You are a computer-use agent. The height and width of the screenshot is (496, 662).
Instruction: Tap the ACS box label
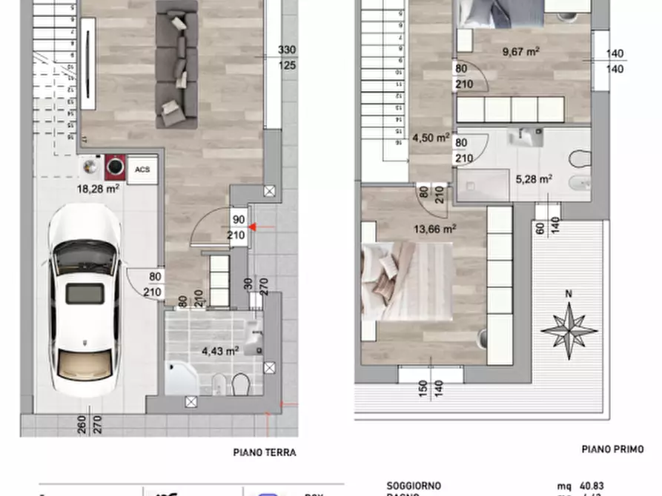pyautogui.click(x=142, y=170)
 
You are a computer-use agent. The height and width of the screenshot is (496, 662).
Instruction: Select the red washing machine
pyautogui.click(x=116, y=167)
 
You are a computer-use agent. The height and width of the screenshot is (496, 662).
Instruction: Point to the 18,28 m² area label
pyautogui.click(x=99, y=189)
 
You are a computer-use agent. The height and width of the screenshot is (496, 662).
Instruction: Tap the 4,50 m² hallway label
pyautogui.click(x=431, y=138)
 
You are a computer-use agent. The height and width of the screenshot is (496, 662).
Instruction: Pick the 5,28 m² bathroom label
pyautogui.click(x=534, y=178)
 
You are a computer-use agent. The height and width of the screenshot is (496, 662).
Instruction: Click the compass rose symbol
pyautogui.click(x=569, y=328)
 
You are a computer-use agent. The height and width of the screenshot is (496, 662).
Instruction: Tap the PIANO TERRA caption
pyautogui.click(x=265, y=453)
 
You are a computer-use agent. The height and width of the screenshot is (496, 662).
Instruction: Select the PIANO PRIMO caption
pyautogui.click(x=612, y=449)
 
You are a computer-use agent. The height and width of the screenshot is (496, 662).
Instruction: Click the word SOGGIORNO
pyautogui.click(x=414, y=486)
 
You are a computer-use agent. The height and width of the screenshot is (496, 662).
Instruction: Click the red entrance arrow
pyautogui.click(x=252, y=227)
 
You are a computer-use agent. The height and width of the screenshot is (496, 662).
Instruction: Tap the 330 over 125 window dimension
pyautogui.click(x=286, y=58)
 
